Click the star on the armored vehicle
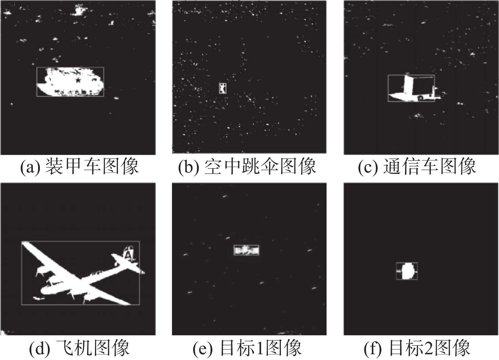[x=78, y=80]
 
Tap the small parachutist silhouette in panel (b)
[x=222, y=88]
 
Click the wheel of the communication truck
[x=420, y=98]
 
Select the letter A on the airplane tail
[x=128, y=254]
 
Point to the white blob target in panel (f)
[x=407, y=271]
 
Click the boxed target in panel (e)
[x=246, y=250]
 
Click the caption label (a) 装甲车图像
[x=79, y=167]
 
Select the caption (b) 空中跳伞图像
[x=247, y=167]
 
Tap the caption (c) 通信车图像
[x=417, y=167]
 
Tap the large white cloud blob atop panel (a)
[x=78, y=10]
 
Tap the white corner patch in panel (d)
[x=4, y=332]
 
